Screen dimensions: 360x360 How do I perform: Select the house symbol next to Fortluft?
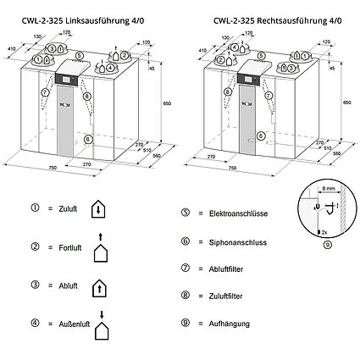point(100,252)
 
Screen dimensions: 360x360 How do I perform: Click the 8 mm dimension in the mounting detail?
point(327,193)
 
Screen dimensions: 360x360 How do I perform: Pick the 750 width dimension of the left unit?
point(53,169)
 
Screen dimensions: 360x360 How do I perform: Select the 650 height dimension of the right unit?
point(346,102)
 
